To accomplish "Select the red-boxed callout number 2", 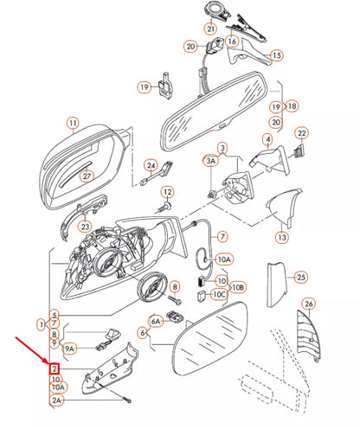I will (55, 368).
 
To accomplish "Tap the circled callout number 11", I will (73, 123).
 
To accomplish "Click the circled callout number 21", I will (210, 29).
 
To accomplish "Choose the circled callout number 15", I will (277, 54).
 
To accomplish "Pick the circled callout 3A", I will (210, 162).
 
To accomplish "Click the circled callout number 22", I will (301, 133).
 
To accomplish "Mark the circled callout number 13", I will (282, 236).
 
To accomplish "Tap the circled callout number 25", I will (300, 278).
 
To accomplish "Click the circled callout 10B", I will (240, 286).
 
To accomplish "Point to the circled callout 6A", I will (157, 320).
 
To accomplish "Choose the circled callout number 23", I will (84, 227).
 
